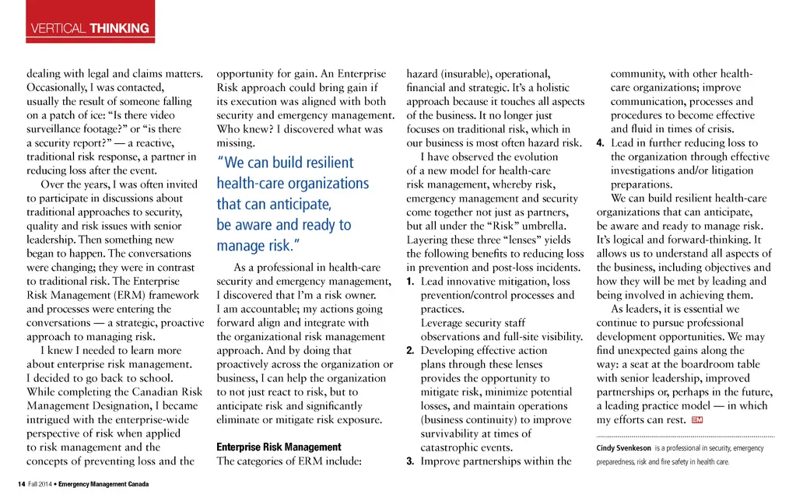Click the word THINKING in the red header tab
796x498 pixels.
[119, 29]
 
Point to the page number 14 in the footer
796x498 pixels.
[21, 484]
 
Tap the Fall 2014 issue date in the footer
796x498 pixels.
[41, 484]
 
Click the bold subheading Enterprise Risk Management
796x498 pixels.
[279, 447]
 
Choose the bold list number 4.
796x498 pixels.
[600, 143]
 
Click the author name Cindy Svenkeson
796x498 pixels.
[625, 448]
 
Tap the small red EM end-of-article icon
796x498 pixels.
[696, 420]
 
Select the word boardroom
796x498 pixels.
[713, 365]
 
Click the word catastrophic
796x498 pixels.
[454, 447]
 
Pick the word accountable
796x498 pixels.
[265, 309]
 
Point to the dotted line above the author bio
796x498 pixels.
[686, 437]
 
